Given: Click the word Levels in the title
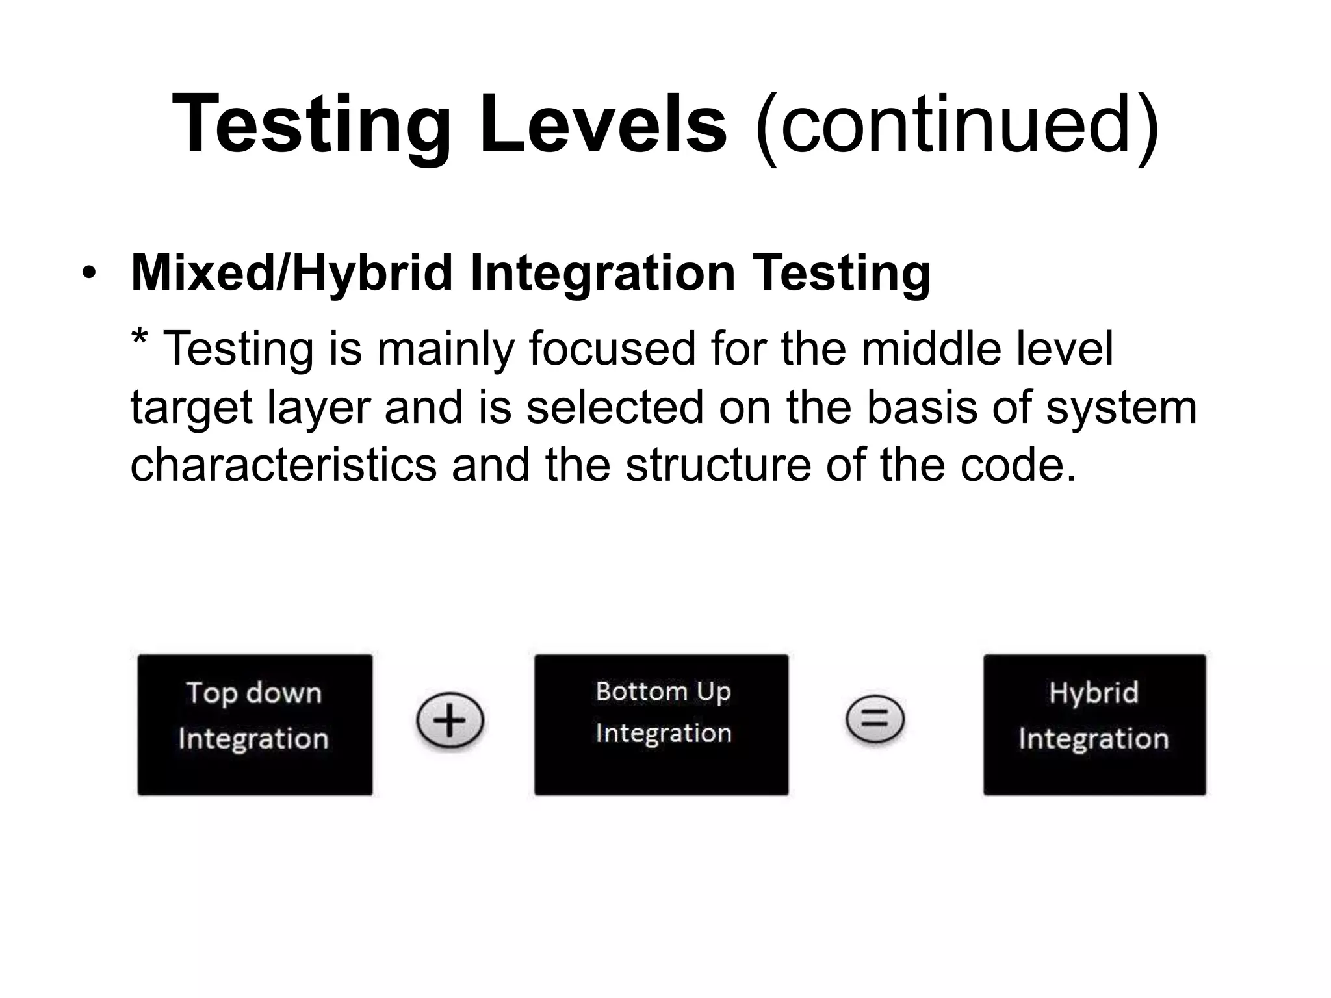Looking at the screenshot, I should (x=602, y=123).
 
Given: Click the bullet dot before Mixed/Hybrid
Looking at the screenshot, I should (x=88, y=273).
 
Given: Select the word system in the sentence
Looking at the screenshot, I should (x=1120, y=408).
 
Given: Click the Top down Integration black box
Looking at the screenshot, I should (x=255, y=724).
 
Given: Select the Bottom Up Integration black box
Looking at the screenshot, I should (x=661, y=724).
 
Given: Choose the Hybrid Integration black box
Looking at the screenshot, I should (x=1094, y=724).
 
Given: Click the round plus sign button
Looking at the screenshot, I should (x=450, y=721).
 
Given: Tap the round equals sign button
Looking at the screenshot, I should (x=874, y=719).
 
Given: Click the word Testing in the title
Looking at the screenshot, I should (x=312, y=123).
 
